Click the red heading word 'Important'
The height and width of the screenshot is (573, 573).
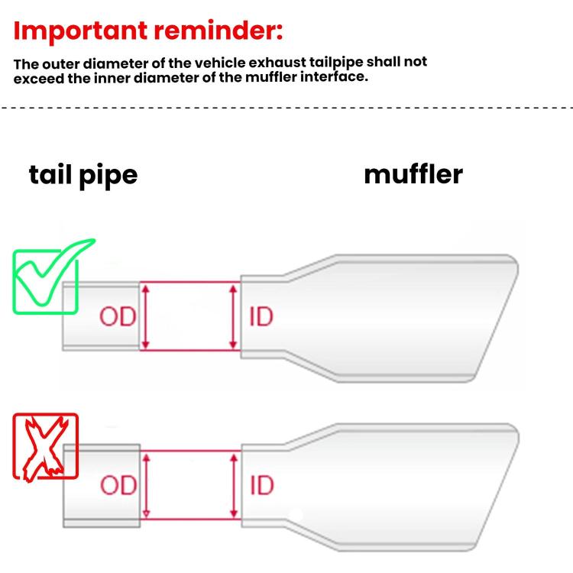coord(80,32)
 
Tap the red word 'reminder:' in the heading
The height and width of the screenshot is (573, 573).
coord(219,31)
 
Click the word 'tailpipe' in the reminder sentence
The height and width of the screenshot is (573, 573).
coord(336,63)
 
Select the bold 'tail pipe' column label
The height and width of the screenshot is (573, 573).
coord(83,176)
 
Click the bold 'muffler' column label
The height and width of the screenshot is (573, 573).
coord(413,175)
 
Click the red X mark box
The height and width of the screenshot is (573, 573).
coord(46,447)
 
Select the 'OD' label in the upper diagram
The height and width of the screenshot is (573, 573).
coord(118,316)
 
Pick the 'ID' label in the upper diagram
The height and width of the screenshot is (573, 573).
coord(261,316)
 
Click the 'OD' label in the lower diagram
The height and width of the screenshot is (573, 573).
coord(118,485)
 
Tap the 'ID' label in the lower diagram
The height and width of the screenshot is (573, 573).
coord(261,485)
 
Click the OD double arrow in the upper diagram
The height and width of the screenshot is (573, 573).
coord(145,316)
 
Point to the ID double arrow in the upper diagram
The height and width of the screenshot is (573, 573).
coord(233,316)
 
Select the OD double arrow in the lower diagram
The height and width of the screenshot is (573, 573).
coord(146,485)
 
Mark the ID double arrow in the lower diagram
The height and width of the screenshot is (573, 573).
coord(235,485)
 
